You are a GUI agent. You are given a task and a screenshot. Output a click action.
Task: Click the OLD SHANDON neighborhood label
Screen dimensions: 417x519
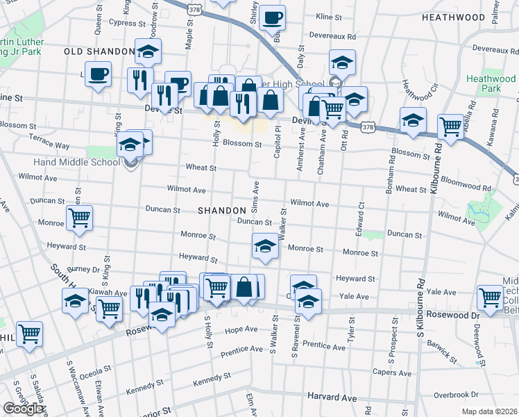(x=99, y=51)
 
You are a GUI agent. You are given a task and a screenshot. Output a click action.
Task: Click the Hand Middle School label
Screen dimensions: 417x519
(x=61, y=163)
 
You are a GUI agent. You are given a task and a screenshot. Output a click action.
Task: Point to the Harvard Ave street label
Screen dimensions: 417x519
(x=332, y=398)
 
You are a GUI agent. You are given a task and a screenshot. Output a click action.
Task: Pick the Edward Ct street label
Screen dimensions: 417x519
(x=361, y=212)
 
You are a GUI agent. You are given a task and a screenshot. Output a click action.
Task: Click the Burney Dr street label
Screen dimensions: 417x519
(x=84, y=270)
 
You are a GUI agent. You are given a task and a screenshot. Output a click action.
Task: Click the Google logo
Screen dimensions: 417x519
(x=23, y=409)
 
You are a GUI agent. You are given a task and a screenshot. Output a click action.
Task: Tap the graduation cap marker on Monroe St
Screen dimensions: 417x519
(x=264, y=247)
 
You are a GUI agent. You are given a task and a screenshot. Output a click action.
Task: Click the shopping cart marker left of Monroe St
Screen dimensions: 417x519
(x=79, y=217)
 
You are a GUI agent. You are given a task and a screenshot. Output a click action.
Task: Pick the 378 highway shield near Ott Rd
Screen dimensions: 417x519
(x=367, y=128)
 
